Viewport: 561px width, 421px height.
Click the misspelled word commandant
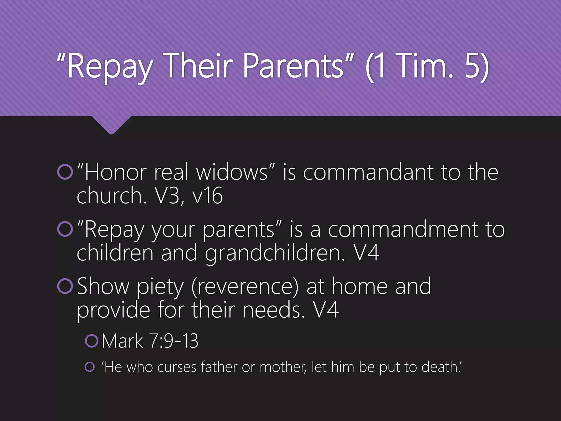(x=368, y=172)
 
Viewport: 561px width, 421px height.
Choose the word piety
(x=160, y=287)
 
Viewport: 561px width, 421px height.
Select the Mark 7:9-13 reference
(x=150, y=341)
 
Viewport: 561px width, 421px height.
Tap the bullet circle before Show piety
(x=65, y=286)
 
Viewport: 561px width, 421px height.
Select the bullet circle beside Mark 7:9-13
(x=91, y=341)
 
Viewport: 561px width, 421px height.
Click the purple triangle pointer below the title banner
(x=111, y=125)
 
